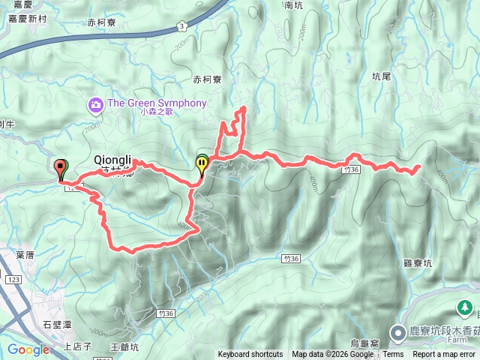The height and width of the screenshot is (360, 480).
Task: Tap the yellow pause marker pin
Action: point(202,163)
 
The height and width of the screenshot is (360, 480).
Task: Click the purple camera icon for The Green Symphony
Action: point(96,103)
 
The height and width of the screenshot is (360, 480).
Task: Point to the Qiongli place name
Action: point(113,159)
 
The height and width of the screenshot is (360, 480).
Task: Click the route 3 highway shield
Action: point(181,26)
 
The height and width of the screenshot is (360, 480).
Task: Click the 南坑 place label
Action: point(294,5)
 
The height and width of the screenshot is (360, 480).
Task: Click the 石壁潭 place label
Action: point(57,325)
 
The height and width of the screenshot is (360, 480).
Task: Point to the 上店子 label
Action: point(78,346)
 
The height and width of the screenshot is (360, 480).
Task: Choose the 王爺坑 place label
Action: point(124,346)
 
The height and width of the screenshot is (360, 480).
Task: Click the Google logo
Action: point(28,349)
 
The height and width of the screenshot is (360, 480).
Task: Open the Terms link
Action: point(393,355)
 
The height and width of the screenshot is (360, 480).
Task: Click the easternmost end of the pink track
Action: point(418,167)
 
